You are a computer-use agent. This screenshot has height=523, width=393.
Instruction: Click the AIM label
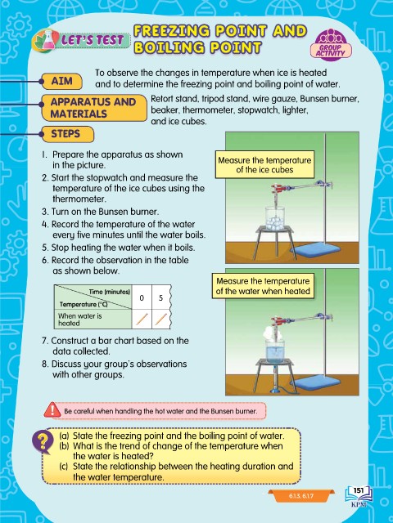[62, 81]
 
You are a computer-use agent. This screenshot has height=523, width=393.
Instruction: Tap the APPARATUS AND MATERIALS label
[93, 107]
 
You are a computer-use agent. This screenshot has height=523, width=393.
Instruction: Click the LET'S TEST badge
[81, 40]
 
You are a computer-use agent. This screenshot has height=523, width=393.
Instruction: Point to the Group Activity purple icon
[331, 45]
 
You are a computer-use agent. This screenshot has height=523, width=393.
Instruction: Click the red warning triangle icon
[52, 410]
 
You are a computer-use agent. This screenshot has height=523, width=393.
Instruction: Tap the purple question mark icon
[43, 441]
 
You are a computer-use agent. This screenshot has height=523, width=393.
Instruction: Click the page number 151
[359, 490]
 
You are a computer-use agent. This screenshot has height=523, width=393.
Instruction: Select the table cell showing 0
[142, 297]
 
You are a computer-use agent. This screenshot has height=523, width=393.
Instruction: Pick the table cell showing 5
[160, 297]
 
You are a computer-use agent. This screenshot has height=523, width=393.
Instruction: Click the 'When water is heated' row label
[80, 320]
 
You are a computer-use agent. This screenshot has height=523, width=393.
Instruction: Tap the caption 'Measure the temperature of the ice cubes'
[264, 165]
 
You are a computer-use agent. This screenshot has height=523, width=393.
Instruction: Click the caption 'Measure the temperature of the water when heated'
[263, 286]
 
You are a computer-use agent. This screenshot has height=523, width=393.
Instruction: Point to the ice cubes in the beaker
[275, 221]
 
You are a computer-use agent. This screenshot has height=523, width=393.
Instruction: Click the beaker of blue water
[275, 351]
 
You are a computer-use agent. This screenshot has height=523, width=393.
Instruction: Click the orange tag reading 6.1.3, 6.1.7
[301, 496]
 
